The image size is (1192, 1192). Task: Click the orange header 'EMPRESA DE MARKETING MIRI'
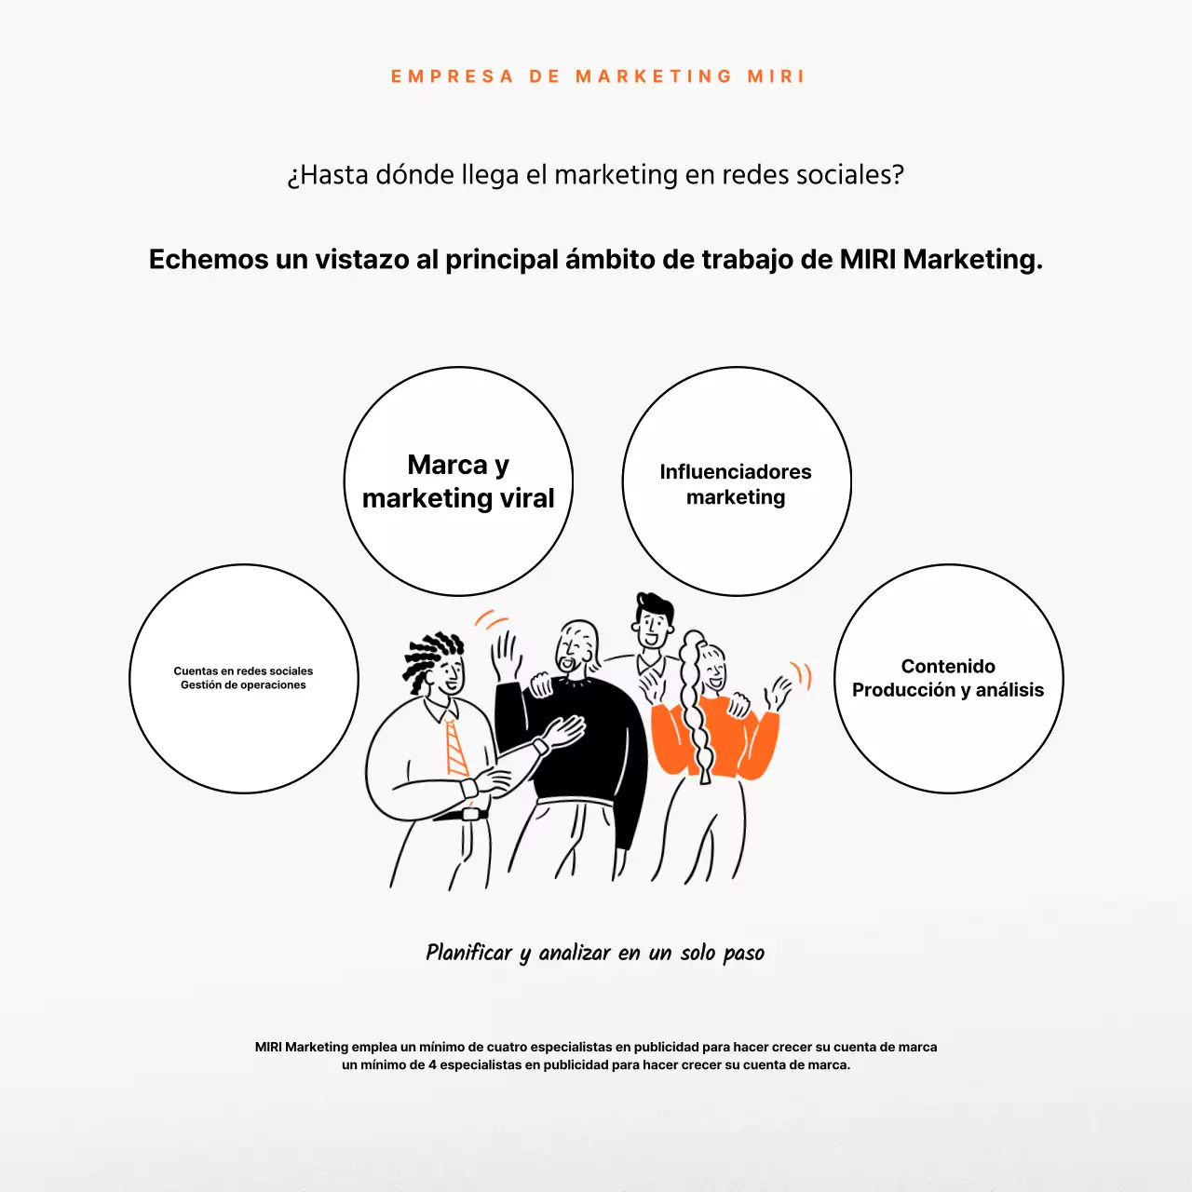[x=597, y=76]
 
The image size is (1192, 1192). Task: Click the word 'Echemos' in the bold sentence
[x=208, y=259]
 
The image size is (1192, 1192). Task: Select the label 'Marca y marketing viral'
[x=458, y=481]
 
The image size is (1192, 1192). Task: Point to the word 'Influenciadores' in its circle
[x=736, y=472]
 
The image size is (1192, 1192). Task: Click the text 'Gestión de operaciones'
[x=243, y=685]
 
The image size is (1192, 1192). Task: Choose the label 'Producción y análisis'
[x=948, y=690]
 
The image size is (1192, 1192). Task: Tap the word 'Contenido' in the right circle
[x=948, y=666]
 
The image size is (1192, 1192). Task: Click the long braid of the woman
[x=694, y=708]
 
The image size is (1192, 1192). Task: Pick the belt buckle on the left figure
[x=471, y=813]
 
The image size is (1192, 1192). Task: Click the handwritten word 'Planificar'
[x=468, y=953]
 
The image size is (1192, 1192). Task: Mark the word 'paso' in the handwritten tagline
[x=743, y=954]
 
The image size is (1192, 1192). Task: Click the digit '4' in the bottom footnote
[x=432, y=1065]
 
